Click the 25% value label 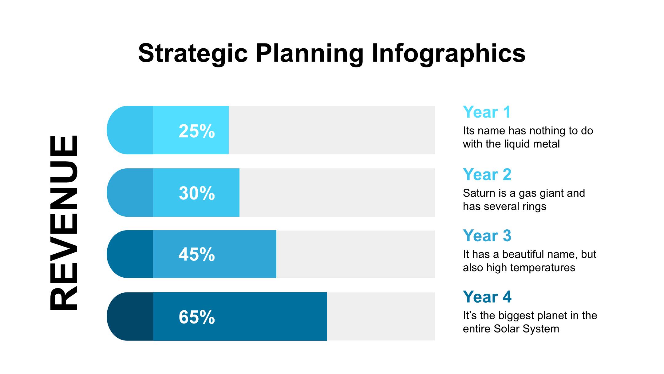click(x=197, y=131)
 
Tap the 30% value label click(x=197, y=193)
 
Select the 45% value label click(x=197, y=255)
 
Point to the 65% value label click(x=197, y=317)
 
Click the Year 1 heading click(x=487, y=112)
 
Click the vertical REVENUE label click(x=64, y=223)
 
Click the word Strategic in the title click(x=193, y=53)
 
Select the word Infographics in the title click(x=449, y=53)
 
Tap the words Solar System click(x=526, y=329)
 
